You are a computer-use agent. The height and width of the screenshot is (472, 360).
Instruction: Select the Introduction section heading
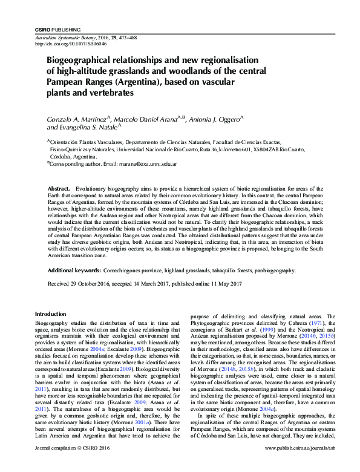coord(50,314)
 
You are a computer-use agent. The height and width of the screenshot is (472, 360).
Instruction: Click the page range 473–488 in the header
coord(125,37)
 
